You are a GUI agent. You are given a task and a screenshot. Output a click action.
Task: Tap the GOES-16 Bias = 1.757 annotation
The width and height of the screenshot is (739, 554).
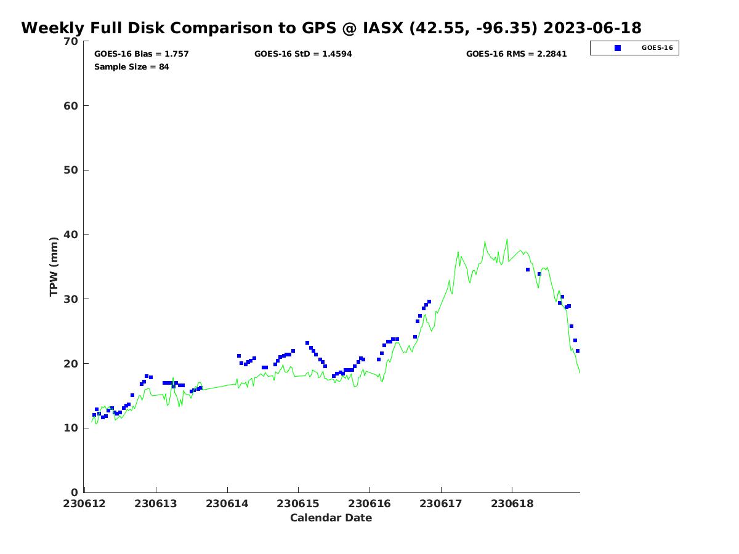tap(142, 54)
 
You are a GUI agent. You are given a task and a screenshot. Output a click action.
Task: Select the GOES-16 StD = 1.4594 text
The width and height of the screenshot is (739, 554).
tap(303, 54)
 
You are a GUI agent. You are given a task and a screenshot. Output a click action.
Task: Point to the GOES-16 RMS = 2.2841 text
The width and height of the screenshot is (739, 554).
tap(516, 54)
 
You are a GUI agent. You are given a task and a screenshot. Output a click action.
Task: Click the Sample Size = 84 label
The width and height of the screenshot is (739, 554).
tap(132, 67)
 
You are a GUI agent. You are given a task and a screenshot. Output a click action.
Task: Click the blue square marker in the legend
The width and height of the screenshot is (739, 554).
tap(618, 48)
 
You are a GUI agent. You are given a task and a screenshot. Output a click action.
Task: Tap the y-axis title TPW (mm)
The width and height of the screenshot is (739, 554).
tap(54, 267)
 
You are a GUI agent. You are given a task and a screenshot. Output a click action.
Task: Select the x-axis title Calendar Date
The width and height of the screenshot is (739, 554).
tap(331, 518)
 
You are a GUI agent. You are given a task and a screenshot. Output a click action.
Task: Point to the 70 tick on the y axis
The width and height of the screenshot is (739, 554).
tap(71, 42)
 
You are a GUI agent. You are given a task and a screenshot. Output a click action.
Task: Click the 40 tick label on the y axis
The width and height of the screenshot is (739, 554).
tap(71, 235)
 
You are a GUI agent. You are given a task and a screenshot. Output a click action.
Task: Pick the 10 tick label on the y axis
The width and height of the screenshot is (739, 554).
tap(71, 428)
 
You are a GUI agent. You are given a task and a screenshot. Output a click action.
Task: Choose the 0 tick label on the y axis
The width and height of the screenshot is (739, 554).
tap(75, 492)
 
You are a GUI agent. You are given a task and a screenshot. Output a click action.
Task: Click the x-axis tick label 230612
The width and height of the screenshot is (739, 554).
tap(85, 504)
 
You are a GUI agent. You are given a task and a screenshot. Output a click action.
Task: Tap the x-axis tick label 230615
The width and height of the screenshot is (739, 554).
tap(299, 504)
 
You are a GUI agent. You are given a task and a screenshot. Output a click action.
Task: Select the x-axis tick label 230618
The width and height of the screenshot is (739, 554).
tap(512, 504)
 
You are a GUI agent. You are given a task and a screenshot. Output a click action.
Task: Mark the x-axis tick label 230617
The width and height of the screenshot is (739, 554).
tap(441, 504)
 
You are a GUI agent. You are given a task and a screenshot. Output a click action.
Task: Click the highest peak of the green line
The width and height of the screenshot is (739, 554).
tap(507, 239)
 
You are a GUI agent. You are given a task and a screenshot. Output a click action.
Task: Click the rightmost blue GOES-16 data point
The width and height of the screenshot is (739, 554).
tap(578, 351)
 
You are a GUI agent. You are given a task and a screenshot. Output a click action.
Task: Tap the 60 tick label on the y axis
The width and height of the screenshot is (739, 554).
tap(71, 106)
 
